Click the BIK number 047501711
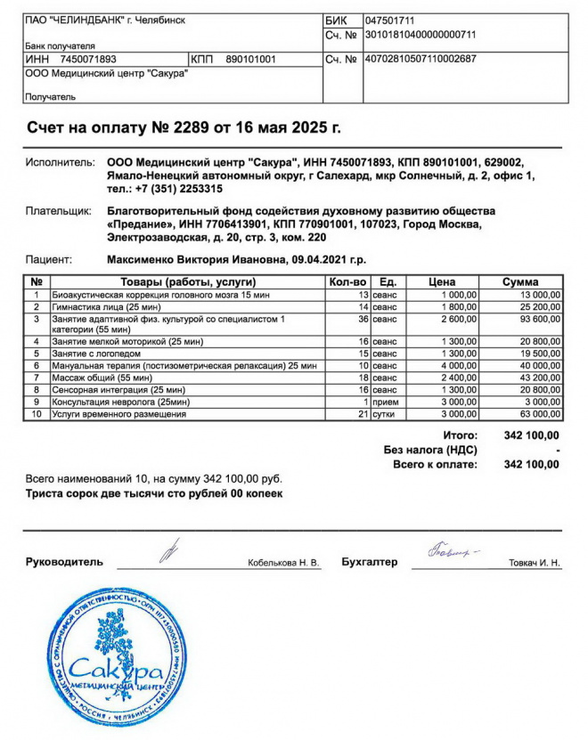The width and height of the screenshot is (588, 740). click(390, 20)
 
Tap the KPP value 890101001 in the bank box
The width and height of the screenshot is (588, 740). click(251, 60)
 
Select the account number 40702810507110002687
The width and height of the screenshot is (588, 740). click(421, 60)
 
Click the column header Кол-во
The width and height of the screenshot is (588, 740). click(348, 282)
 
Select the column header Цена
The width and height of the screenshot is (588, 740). click(442, 282)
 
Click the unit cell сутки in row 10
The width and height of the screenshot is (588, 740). click(385, 413)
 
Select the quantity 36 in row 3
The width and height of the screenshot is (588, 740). click(363, 319)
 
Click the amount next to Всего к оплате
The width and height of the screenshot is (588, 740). click(532, 464)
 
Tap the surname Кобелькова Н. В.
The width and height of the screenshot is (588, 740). click(283, 563)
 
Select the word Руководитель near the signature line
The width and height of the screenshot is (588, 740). click(64, 562)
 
